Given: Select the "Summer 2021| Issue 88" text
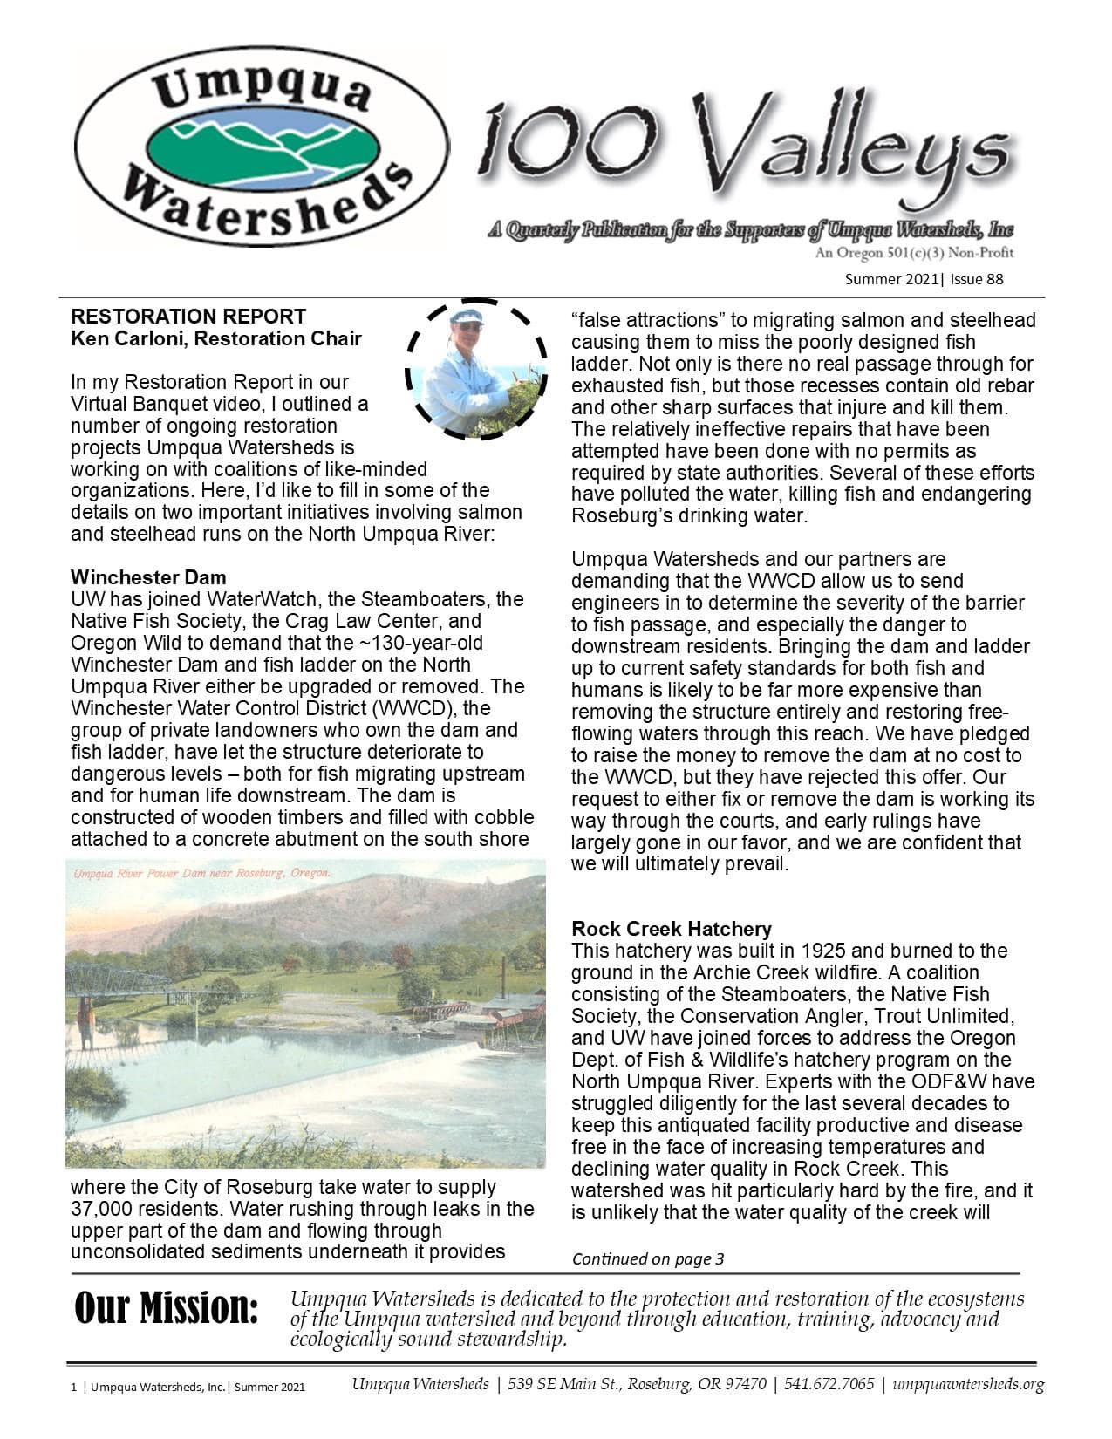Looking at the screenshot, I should [924, 280].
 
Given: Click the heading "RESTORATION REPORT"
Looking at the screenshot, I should [188, 317].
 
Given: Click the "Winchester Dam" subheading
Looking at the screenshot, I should [148, 577].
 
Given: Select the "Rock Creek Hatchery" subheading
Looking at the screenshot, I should [672, 929].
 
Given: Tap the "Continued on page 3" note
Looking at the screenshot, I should [648, 1258].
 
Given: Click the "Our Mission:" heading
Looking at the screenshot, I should [167, 1309].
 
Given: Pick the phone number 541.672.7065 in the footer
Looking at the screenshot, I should [829, 1385].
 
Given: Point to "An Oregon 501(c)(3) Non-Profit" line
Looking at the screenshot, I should [913, 254].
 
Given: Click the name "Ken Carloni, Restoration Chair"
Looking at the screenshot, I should [215, 338].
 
